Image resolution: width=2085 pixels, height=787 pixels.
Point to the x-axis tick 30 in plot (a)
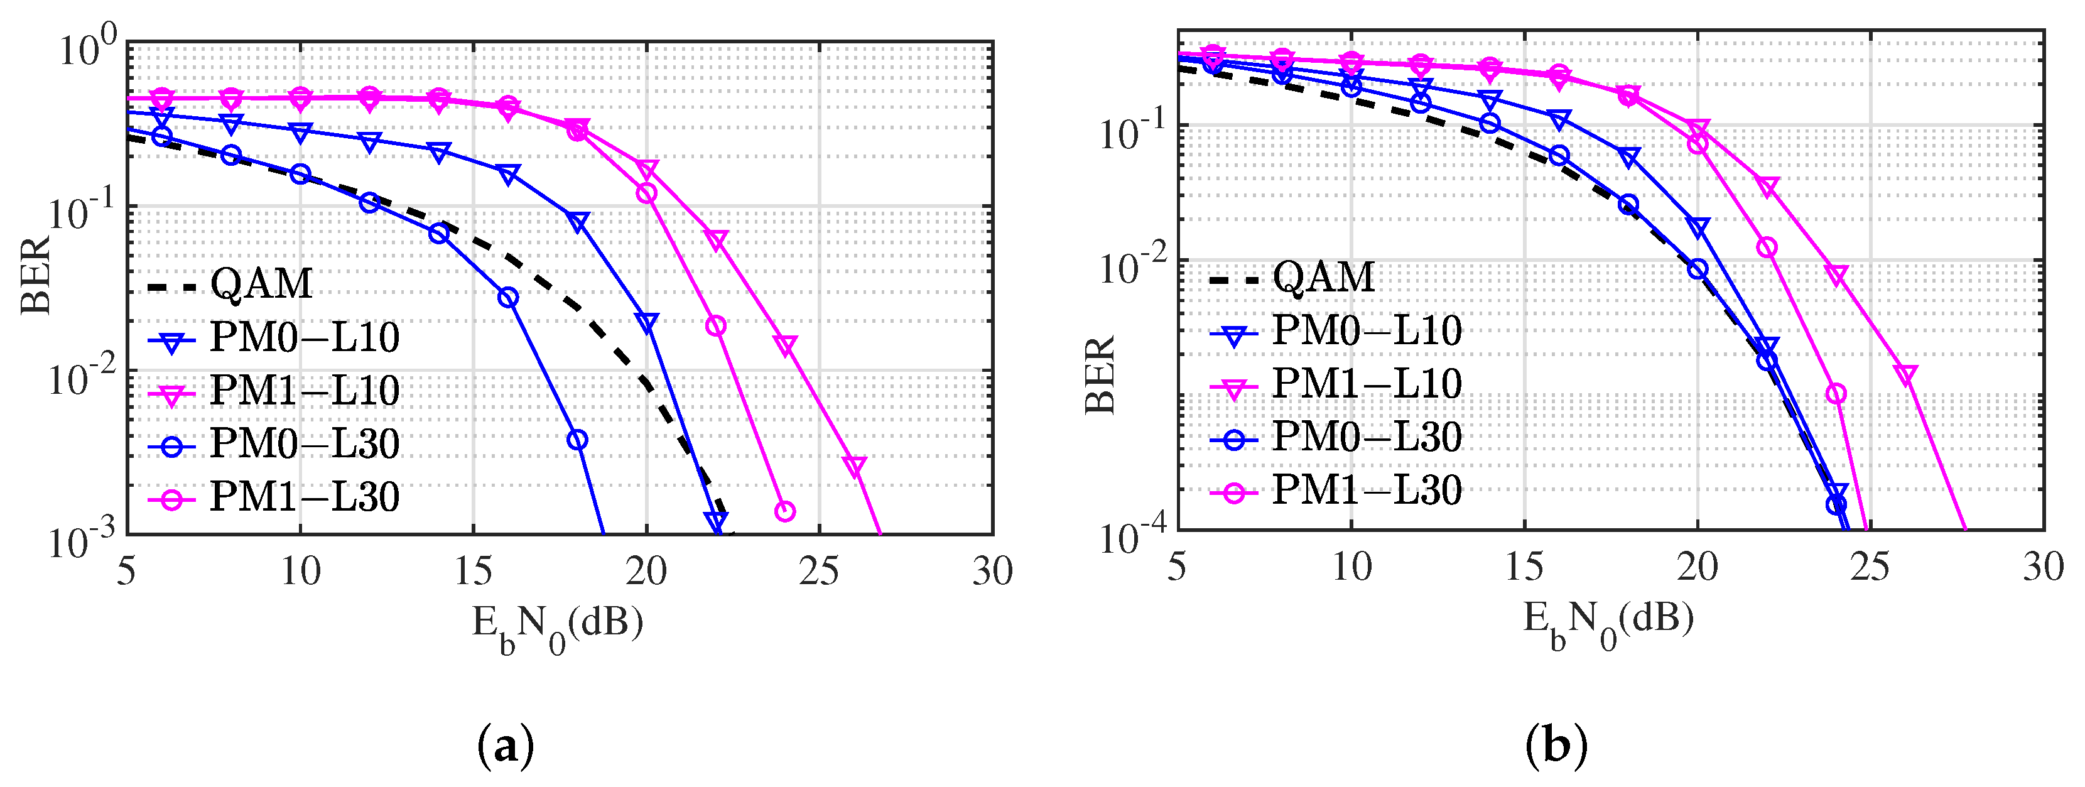tap(992, 572)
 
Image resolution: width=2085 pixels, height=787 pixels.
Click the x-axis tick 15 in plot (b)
tap(1524, 567)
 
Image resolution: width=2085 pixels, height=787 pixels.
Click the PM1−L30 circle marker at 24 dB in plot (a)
tap(784, 511)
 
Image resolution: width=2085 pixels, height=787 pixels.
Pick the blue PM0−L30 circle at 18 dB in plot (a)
tap(577, 440)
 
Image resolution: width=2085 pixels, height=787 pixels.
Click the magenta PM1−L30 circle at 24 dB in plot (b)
tap(1836, 393)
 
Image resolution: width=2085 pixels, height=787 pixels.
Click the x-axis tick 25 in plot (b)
tap(1870, 567)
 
